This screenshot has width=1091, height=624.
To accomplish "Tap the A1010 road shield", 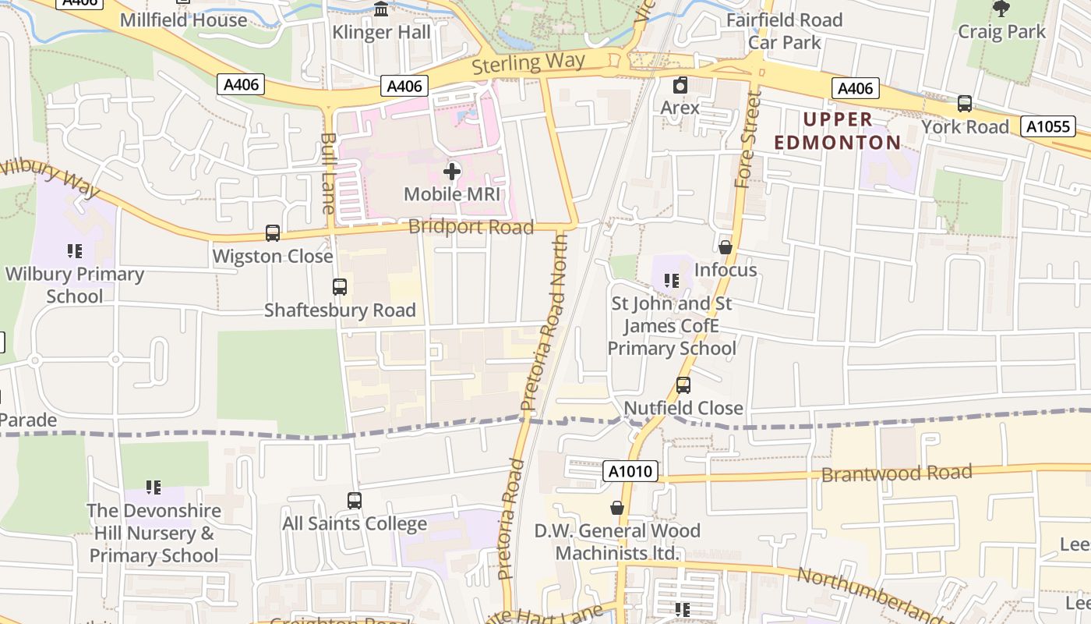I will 630,471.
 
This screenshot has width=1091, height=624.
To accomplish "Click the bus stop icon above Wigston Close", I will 273,232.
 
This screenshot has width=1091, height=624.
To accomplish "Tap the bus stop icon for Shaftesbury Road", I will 340,286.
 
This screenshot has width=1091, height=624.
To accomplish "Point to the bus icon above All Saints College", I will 355,500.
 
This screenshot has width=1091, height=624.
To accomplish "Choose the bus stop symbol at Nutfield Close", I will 683,385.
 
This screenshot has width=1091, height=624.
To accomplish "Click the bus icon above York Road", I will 965,103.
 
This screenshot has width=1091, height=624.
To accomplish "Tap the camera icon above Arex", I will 680,84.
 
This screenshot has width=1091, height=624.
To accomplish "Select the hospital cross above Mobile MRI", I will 452,171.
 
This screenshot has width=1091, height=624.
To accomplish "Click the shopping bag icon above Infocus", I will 726,247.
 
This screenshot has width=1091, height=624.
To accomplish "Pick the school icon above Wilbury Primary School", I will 75,250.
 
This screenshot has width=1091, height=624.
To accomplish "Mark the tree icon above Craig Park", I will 1001,9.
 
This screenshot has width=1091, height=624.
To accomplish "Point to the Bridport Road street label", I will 471,227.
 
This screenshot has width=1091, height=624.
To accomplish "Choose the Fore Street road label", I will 747,140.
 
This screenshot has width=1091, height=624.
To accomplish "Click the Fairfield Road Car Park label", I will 784,30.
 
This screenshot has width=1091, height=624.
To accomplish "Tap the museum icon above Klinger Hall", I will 381,9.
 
